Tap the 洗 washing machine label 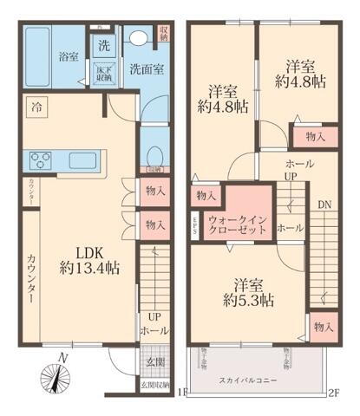(x=103, y=46)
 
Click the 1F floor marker (x=181, y=392)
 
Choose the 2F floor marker (x=333, y=392)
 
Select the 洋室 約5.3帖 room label (x=248, y=292)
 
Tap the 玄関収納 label (x=155, y=382)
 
